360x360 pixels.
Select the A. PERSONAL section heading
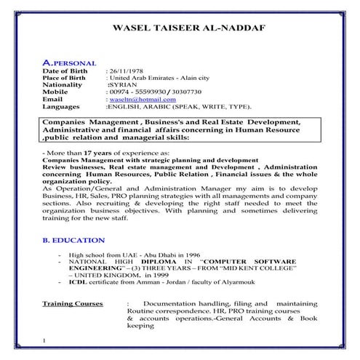click(x=69, y=64)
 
